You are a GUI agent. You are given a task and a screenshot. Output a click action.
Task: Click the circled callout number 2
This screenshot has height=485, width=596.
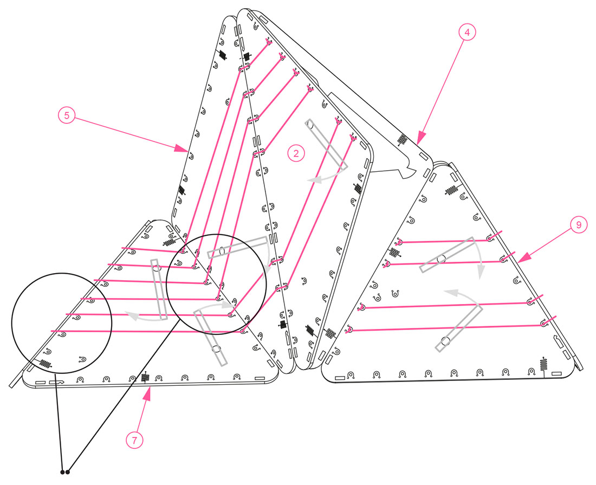click(x=296, y=153)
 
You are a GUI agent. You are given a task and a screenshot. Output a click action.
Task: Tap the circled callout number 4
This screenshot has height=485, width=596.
click(x=467, y=33)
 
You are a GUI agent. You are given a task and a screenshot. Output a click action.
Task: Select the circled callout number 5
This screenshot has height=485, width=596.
click(x=67, y=115)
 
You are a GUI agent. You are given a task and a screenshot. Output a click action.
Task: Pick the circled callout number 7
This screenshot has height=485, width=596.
click(x=134, y=440)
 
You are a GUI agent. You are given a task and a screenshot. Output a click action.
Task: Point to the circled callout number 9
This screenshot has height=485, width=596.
click(x=579, y=225)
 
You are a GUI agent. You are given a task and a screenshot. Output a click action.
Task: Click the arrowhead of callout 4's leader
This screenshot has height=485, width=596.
click(x=420, y=138)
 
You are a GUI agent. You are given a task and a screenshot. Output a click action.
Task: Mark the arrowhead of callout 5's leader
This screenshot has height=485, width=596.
click(x=180, y=148)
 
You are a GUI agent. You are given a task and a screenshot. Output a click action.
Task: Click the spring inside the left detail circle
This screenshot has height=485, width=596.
click(x=45, y=364)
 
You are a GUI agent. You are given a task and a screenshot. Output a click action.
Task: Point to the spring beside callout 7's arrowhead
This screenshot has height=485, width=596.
click(x=145, y=378)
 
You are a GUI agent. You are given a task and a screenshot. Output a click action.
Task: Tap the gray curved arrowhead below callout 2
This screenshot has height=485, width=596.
click(x=315, y=179)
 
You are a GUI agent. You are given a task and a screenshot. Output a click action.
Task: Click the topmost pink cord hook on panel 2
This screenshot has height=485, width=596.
click(x=269, y=42)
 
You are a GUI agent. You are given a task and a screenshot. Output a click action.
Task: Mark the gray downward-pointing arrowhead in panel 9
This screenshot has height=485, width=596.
click(x=481, y=272)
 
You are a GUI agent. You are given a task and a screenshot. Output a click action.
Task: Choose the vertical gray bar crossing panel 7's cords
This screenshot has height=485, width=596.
click(x=159, y=289)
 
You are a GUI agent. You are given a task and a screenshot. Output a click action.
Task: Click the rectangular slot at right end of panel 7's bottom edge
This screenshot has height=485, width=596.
click(x=260, y=378)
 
